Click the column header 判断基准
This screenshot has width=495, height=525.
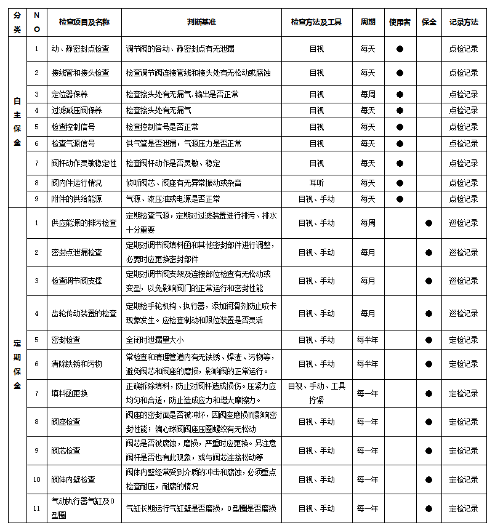tap(201, 22)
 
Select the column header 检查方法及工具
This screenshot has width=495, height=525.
tap(316, 22)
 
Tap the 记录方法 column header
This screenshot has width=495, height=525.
tap(463, 22)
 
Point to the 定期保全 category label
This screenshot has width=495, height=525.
tap(17, 364)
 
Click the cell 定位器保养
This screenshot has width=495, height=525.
tap(70, 94)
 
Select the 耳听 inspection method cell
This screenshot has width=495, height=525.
tap(316, 183)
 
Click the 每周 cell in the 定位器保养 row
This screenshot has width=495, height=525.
tap(368, 94)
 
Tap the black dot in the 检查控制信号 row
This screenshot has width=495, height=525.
tap(400, 127)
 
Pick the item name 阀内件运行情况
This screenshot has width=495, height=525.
tap(77, 183)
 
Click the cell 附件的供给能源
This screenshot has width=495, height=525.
tap(77, 199)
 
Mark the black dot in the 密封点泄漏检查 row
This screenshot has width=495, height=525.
tap(429, 252)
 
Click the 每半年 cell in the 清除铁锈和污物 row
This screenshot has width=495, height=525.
tap(368, 364)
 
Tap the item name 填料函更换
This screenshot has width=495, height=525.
tap(70, 393)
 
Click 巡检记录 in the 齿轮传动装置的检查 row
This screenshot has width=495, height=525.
tap(463, 313)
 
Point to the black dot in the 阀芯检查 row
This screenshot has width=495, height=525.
tap(429, 451)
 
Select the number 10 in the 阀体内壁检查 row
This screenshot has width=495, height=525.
tap(37, 479)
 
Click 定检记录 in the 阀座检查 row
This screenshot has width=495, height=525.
tap(463, 422)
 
